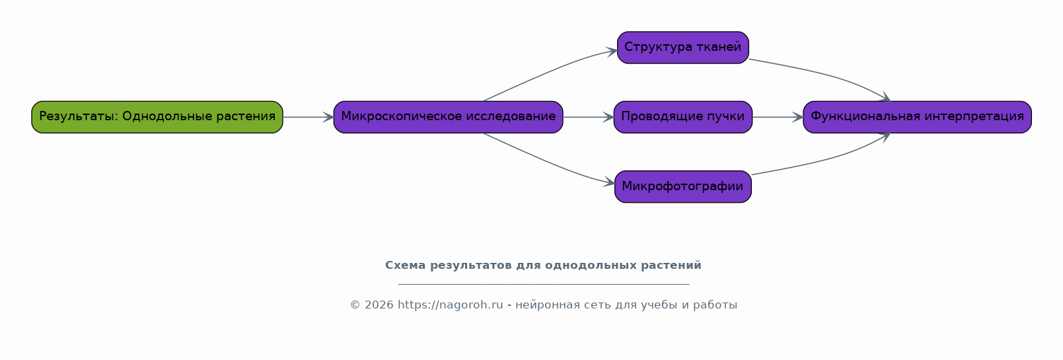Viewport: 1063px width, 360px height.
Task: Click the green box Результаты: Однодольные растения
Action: [x=157, y=117]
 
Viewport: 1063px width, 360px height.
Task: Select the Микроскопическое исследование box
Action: [x=448, y=117]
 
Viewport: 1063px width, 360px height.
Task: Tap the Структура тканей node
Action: [x=683, y=48]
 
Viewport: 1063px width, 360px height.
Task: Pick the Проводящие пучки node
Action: [x=683, y=117]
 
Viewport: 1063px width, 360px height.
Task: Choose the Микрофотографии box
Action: [x=683, y=187]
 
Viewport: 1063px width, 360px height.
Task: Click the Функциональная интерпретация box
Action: [x=917, y=117]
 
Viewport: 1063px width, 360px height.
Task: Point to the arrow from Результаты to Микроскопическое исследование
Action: [x=309, y=117]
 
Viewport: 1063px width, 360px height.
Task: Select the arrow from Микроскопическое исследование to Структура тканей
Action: [x=550, y=71]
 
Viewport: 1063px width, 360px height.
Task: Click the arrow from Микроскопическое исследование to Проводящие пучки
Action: [x=589, y=117]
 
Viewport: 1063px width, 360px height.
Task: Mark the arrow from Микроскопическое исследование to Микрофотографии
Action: [x=550, y=162]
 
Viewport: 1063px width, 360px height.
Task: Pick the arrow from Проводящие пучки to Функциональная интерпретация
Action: [x=778, y=117]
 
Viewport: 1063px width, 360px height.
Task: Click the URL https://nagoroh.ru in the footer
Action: [x=451, y=305]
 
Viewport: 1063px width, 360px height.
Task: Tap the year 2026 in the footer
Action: [x=379, y=305]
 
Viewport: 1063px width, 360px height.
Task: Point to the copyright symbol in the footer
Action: [x=355, y=305]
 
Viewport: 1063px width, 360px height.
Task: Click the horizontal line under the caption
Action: [x=544, y=284]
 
